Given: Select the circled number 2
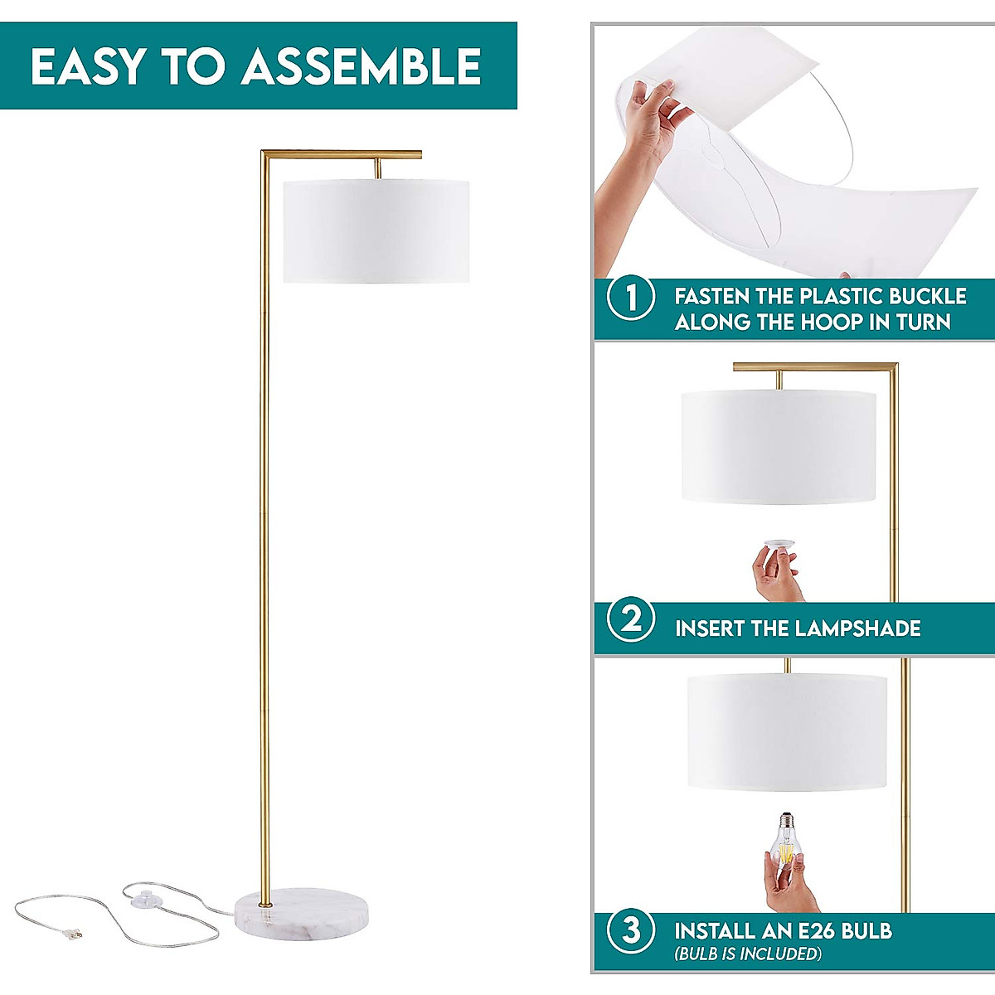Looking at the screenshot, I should click(632, 619).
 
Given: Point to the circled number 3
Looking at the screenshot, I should click(632, 930).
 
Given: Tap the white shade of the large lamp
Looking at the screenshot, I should click(376, 231).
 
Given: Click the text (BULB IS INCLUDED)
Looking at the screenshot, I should click(748, 954).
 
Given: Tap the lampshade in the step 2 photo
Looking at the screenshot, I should click(779, 447).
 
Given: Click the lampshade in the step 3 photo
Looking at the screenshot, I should click(787, 731).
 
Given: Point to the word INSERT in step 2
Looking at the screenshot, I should click(709, 629).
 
